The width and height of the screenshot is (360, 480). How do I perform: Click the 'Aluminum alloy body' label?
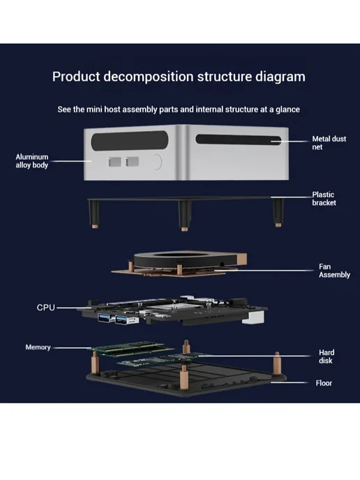(x=32, y=161)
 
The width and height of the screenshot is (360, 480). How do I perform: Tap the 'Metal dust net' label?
(x=329, y=143)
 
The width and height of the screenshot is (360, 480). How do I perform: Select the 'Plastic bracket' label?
(x=324, y=199)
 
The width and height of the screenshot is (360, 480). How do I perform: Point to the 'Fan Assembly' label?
(x=334, y=271)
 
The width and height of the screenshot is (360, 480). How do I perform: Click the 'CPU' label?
(x=46, y=308)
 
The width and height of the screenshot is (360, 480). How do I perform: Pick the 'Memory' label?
(x=38, y=347)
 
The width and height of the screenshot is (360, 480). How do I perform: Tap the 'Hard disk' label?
(x=327, y=357)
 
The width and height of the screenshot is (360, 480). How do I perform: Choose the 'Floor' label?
(x=324, y=383)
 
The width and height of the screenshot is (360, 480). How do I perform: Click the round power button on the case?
(x=157, y=161)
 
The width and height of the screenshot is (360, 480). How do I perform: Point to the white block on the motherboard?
(x=253, y=317)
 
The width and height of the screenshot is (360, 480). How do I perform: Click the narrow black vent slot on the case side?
(x=239, y=140)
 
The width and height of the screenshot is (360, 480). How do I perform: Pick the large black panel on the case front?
(x=130, y=141)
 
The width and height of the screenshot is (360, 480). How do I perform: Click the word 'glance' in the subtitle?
(x=287, y=110)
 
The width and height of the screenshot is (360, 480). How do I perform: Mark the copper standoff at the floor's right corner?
(x=277, y=363)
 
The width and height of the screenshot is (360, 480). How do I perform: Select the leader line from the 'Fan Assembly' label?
(x=263, y=270)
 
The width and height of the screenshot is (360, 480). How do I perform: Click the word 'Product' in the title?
(x=76, y=77)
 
